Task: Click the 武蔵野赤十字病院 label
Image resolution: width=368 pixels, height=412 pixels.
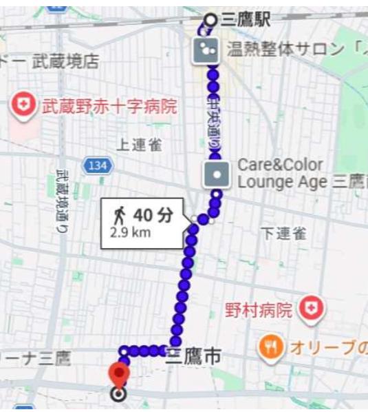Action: [x=110, y=107]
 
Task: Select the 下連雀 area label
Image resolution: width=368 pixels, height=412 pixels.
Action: [x=283, y=234]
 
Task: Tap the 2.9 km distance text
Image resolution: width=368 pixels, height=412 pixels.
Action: [x=130, y=232]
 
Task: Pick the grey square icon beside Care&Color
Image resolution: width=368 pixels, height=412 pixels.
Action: [x=217, y=174]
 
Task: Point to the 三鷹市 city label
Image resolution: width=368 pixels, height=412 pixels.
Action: [x=195, y=356]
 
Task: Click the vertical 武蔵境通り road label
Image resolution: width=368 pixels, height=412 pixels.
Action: [x=62, y=200]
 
